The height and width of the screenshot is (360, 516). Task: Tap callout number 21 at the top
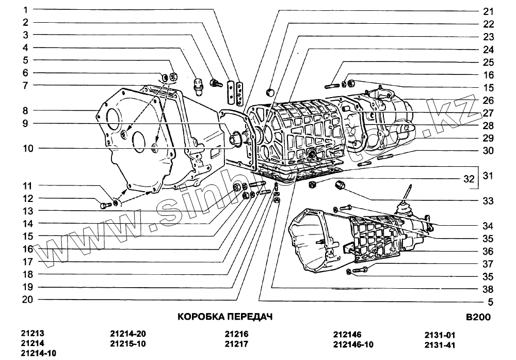488,11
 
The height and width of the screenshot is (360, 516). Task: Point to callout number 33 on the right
488,201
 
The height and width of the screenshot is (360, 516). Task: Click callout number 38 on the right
488,290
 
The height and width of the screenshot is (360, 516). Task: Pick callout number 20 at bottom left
28,299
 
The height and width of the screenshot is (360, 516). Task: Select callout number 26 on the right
488,100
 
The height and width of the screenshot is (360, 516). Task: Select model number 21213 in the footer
33,334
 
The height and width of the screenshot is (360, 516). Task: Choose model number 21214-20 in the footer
128,334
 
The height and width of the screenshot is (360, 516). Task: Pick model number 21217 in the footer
237,343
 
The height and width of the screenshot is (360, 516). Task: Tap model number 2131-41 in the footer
440,344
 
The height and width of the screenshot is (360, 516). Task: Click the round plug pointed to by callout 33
340,185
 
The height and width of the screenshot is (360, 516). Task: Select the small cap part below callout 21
269,92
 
